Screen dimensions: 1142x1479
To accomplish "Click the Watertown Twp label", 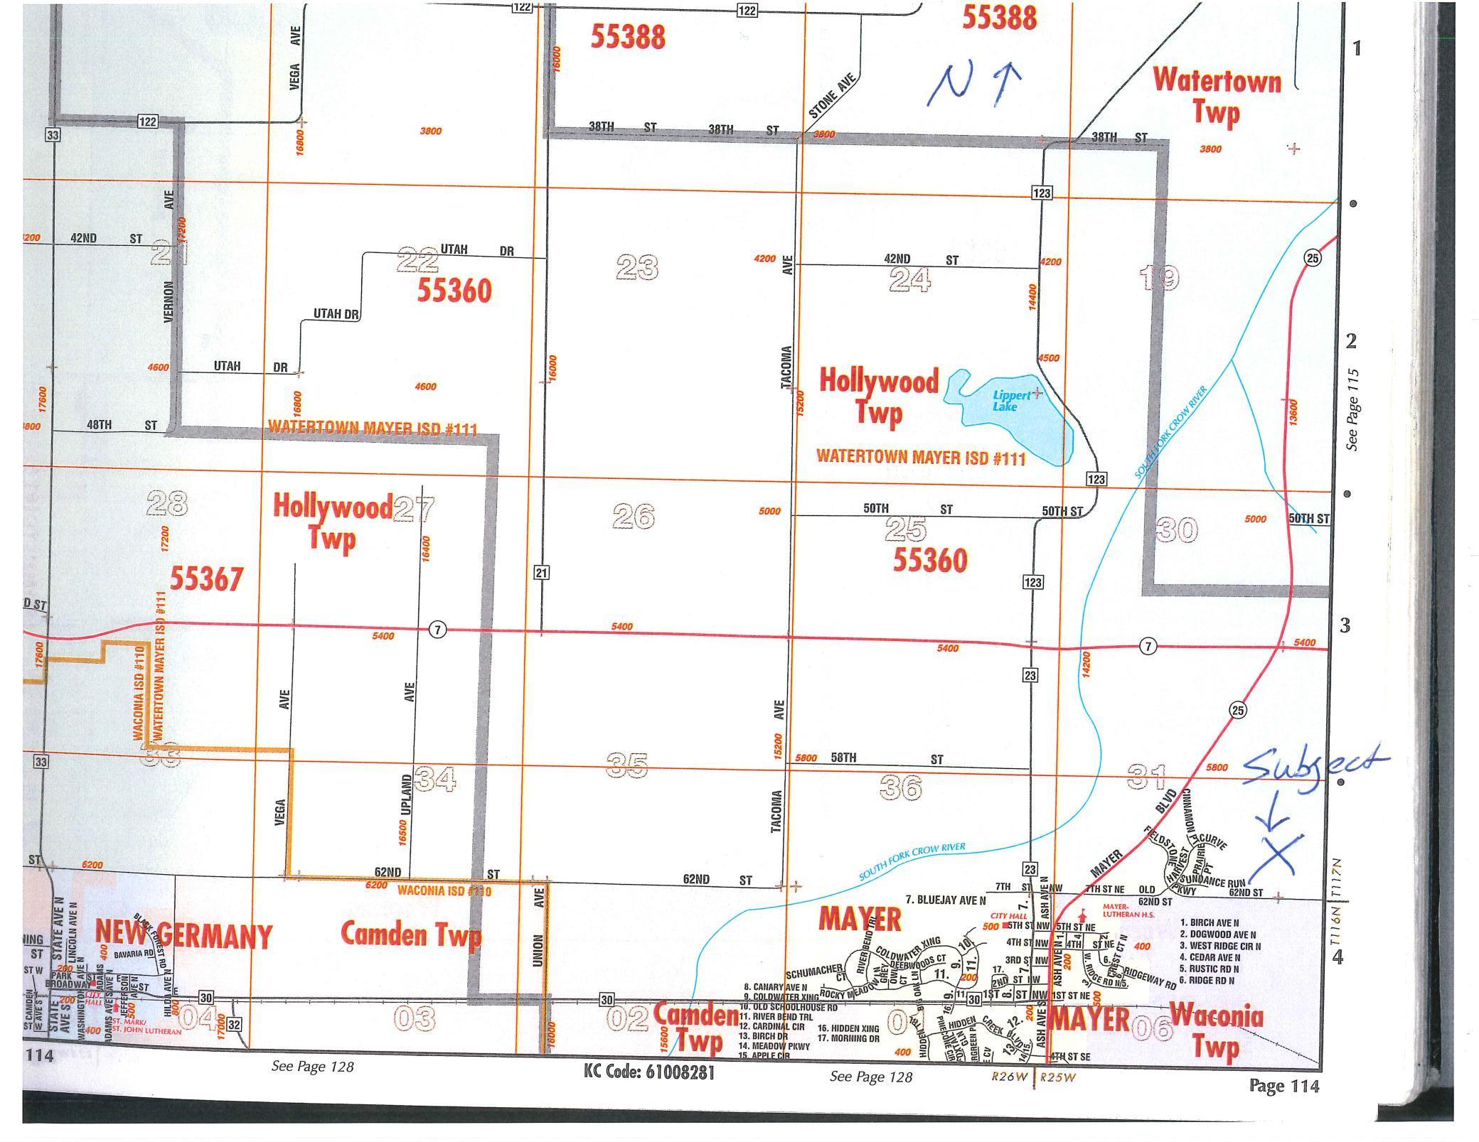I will [1217, 96].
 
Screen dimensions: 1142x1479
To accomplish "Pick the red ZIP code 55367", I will [206, 578].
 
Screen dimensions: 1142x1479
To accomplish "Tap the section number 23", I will [637, 268].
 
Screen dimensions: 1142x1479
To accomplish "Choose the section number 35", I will [627, 765].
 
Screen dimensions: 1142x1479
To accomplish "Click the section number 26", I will [633, 517].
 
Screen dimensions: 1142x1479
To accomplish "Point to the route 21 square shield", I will [542, 572].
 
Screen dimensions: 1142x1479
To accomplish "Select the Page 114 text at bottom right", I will [1283, 1085].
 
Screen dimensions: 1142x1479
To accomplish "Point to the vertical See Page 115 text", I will [1352, 409].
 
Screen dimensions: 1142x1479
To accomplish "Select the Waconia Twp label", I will [1217, 1030].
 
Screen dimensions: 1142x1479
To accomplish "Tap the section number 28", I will [167, 504].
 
